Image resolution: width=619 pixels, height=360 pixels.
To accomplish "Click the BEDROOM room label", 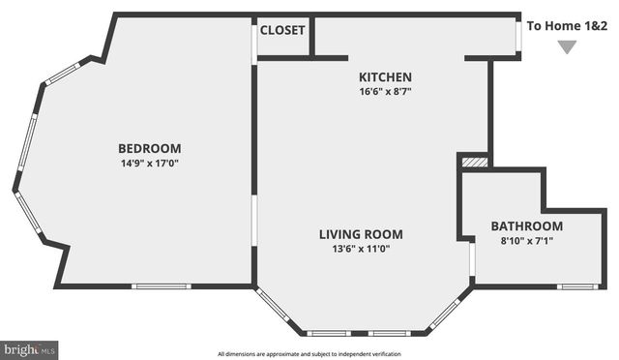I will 149,148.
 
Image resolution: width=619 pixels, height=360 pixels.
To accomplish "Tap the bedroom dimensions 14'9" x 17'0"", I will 149,163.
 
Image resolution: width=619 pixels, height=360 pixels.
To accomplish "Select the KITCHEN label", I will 385,77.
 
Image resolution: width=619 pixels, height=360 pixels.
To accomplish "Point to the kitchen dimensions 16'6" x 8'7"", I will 385,92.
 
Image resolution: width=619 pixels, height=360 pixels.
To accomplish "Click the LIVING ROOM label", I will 361,234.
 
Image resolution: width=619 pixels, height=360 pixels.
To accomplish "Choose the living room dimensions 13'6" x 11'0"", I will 361,249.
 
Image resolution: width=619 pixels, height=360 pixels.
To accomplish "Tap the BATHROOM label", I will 526,226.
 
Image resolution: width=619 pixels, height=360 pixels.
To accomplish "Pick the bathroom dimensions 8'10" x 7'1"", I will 526,240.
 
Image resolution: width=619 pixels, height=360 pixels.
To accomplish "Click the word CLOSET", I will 282,30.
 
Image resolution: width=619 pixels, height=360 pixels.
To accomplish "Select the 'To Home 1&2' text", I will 567,26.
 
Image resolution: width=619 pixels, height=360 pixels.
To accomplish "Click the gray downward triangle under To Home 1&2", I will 566,47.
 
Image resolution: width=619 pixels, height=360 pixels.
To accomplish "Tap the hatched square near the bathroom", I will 473,163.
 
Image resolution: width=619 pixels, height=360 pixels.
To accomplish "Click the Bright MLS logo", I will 29,348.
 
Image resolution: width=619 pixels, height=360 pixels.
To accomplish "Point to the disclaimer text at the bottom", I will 309,353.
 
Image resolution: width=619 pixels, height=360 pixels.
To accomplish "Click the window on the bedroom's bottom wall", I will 161,285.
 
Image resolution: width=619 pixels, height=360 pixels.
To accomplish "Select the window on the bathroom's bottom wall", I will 576,286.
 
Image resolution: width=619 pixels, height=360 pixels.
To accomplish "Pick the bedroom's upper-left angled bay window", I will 63,72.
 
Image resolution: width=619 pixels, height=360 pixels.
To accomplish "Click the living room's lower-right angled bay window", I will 444,313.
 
